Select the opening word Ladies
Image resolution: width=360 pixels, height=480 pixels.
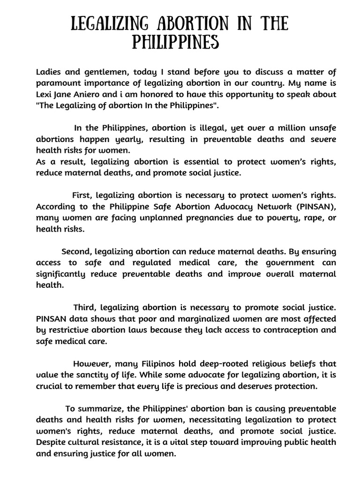49,72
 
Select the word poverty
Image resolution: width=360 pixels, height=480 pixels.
271,217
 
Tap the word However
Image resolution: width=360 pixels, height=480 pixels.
90,363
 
